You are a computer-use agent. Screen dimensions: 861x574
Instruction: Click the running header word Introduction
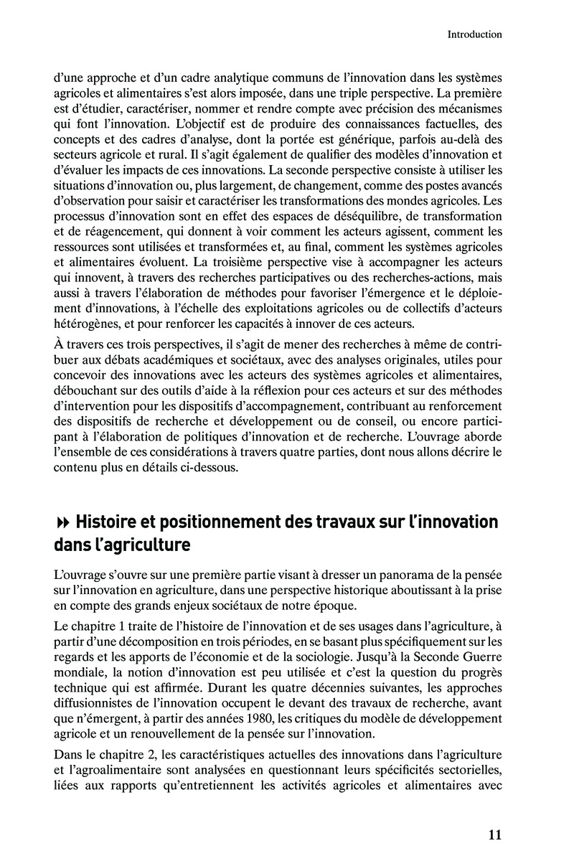(x=474, y=34)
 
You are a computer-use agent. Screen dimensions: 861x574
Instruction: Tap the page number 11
(x=494, y=834)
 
